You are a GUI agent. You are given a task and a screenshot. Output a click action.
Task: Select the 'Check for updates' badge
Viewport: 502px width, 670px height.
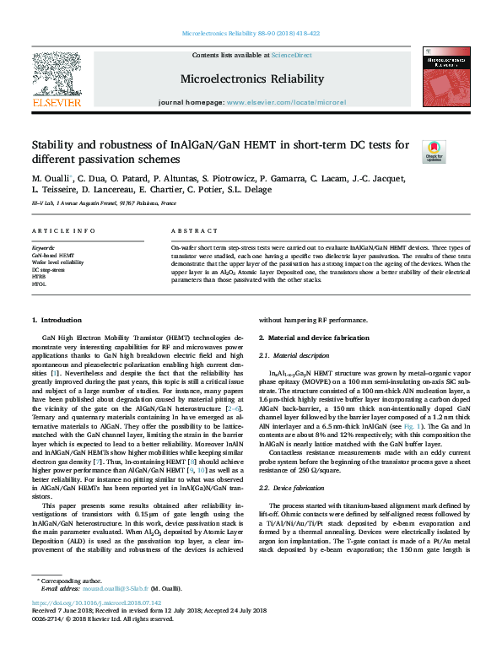(434, 151)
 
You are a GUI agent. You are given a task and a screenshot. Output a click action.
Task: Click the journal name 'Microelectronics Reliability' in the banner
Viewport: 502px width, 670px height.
(251, 78)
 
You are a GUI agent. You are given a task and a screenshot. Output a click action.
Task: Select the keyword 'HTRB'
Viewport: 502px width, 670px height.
(39, 277)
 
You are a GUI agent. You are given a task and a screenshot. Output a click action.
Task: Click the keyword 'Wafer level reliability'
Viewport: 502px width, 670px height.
(57, 262)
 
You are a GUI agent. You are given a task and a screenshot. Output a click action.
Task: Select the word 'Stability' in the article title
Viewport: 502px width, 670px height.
(57, 144)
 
